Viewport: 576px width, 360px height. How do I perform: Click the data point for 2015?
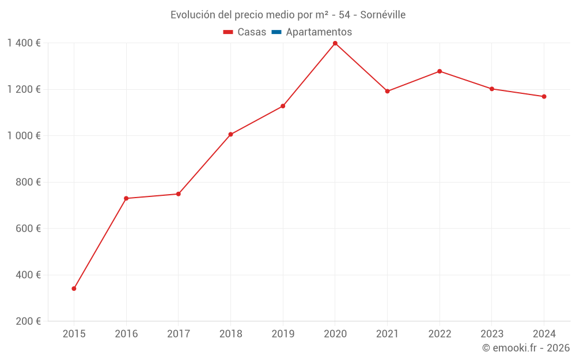click(74, 289)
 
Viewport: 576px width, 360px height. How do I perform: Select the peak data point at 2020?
click(335, 43)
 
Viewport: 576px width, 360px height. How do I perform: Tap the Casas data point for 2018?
click(230, 134)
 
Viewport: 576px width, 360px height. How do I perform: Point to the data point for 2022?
click(439, 71)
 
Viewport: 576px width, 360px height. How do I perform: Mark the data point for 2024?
click(544, 97)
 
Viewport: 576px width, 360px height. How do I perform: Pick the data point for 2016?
click(126, 198)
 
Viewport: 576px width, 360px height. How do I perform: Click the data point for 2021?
click(387, 91)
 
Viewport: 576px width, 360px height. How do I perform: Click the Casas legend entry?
click(245, 32)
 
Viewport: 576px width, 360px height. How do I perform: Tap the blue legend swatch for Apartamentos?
click(276, 32)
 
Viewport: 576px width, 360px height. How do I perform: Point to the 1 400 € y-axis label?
click(24, 43)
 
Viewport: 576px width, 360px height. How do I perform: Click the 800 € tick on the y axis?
click(29, 182)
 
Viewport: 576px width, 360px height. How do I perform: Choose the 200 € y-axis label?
click(29, 321)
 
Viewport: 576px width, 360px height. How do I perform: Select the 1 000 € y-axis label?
click(24, 136)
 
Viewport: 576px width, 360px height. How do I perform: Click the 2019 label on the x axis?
click(283, 334)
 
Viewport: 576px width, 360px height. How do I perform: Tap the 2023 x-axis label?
click(492, 334)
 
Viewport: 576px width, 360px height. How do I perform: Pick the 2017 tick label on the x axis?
click(179, 334)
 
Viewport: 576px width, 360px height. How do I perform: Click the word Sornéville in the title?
click(383, 15)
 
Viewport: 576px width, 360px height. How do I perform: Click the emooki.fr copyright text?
click(526, 348)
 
